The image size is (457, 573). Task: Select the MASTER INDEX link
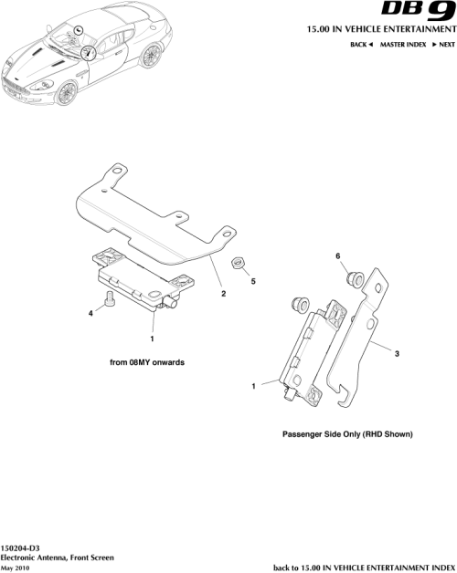pos(405,44)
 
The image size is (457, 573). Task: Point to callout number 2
pos(223,295)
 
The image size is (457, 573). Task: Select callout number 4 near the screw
pos(90,314)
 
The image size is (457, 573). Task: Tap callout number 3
pos(397,353)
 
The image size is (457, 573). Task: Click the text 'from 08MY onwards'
pos(147,362)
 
